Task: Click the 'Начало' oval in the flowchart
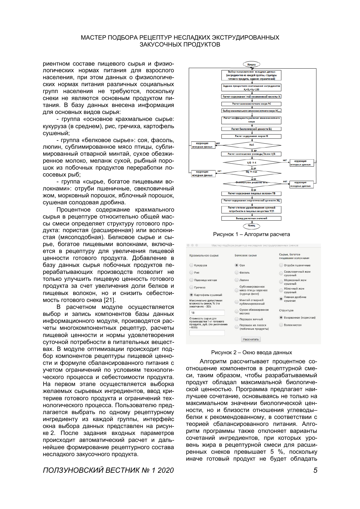click(x=251, y=64)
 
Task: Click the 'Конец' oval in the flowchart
click(x=251, y=225)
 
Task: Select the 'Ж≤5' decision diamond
click(x=251, y=145)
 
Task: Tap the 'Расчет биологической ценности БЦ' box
click(x=251, y=129)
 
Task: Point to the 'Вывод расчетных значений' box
click(x=251, y=218)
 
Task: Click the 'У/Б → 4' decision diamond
click(x=251, y=163)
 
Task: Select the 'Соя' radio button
click(x=237, y=265)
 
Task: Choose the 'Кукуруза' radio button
click(x=191, y=265)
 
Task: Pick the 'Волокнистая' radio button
click(x=281, y=325)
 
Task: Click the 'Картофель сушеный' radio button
click(x=191, y=295)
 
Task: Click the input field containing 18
click(x=207, y=313)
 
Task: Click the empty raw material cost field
click(x=207, y=333)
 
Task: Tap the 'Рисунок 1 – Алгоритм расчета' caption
click(x=251, y=234)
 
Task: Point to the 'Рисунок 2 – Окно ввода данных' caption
click(x=251, y=352)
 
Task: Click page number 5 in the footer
click(x=315, y=470)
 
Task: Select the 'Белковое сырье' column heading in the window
click(x=246, y=255)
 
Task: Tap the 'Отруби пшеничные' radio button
click(x=281, y=265)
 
